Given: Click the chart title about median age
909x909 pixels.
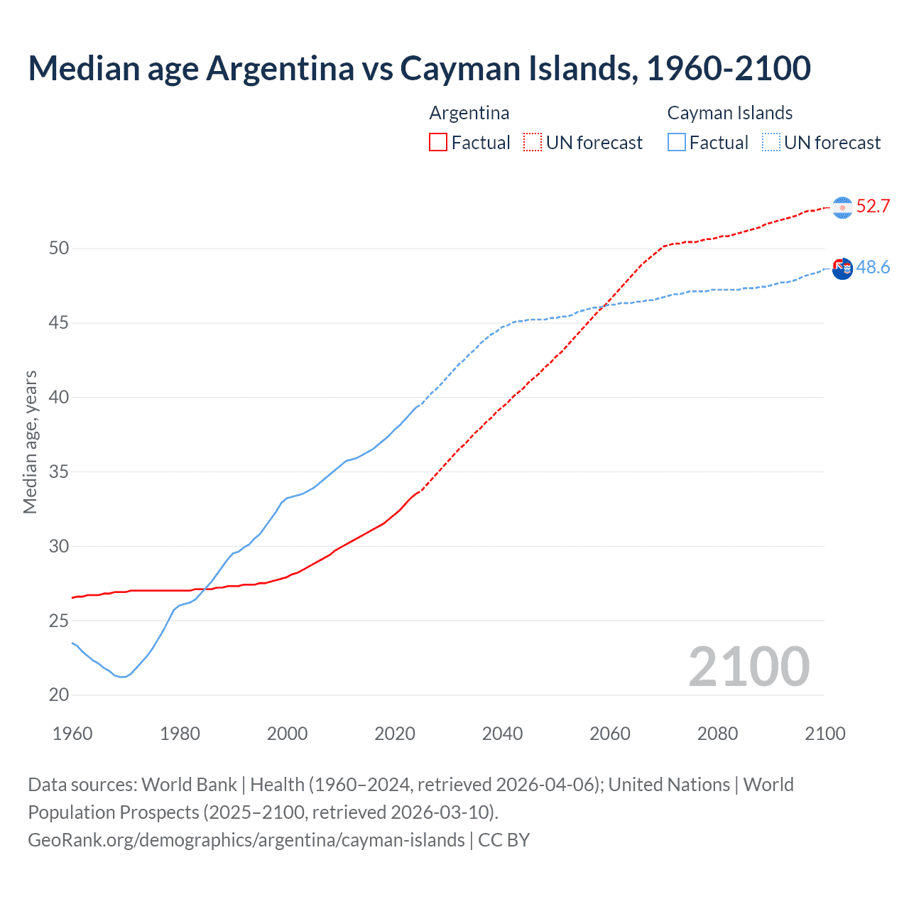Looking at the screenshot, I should point(419,68).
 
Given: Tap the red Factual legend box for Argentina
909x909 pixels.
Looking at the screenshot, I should point(438,143).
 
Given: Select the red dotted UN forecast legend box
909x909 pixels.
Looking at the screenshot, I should point(533,143).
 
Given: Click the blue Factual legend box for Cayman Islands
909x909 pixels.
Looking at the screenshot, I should point(677,143).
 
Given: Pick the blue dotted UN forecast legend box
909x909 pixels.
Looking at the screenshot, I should point(771,143).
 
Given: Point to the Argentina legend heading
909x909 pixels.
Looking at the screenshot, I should point(469,113).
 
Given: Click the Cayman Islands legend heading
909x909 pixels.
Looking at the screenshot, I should point(729,113).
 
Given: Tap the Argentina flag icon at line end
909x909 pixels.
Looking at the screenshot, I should point(842,207).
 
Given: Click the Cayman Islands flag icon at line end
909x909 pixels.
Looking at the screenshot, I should point(842,268).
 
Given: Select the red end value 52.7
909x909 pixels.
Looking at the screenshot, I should point(873,206).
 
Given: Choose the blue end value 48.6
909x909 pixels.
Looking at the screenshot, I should point(873,267).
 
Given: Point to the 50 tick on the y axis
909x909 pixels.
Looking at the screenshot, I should point(59,249).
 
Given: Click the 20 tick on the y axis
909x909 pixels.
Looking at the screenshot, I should point(59,695).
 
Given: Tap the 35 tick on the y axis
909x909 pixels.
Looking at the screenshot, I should point(59,472).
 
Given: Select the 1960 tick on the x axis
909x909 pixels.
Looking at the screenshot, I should point(72,734).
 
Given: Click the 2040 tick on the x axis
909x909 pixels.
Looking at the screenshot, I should point(502,734).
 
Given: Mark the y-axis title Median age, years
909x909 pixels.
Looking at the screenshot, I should point(30,442).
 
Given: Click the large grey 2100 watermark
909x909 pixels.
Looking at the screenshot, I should point(749,666).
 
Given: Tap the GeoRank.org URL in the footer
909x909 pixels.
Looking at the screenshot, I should point(246,840).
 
